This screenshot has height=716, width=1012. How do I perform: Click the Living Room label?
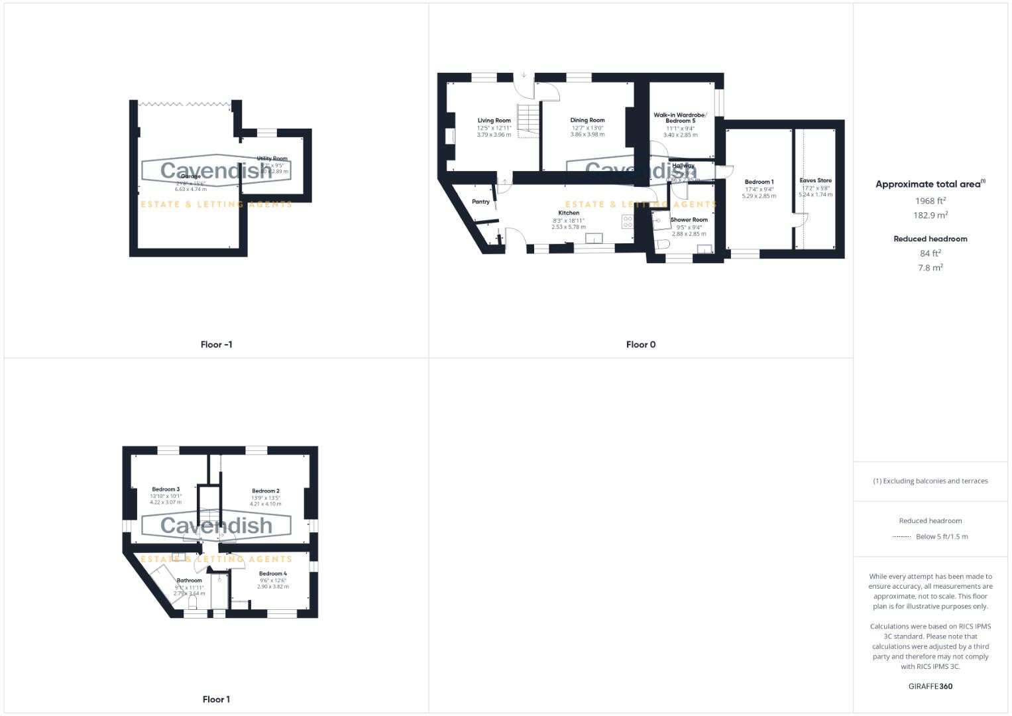[494, 121]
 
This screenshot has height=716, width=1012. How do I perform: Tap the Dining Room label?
[587, 121]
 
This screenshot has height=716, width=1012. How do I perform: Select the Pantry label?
[480, 202]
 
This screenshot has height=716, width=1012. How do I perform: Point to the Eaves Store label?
[815, 180]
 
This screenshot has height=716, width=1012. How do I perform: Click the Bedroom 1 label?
[759, 182]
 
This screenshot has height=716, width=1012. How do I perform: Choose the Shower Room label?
[689, 219]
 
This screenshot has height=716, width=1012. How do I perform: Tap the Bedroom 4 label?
[272, 573]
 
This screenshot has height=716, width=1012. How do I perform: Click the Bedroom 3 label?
[166, 489]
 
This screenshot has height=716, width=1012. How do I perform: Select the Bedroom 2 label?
[265, 491]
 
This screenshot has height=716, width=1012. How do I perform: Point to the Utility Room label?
[272, 158]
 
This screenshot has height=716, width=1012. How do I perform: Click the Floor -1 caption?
[216, 345]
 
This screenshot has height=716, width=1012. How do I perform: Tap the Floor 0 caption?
[641, 345]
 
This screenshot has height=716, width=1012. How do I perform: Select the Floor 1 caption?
[216, 699]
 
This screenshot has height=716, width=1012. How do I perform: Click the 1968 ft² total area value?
[930, 200]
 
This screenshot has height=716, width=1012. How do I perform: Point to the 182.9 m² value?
[930, 215]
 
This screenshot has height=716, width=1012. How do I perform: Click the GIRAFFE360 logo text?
[930, 686]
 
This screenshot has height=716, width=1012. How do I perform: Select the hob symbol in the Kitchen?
[627, 221]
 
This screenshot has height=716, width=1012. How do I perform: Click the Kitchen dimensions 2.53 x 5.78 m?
[569, 227]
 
